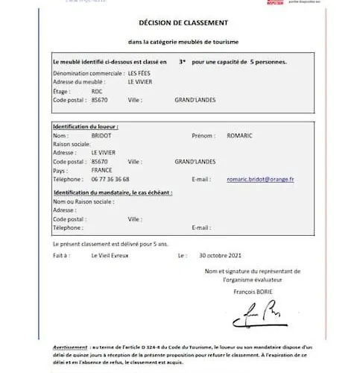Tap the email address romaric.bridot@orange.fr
click(260, 179)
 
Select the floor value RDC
click(97, 90)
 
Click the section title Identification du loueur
click(86, 127)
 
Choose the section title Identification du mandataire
click(112, 192)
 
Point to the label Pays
click(60, 170)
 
